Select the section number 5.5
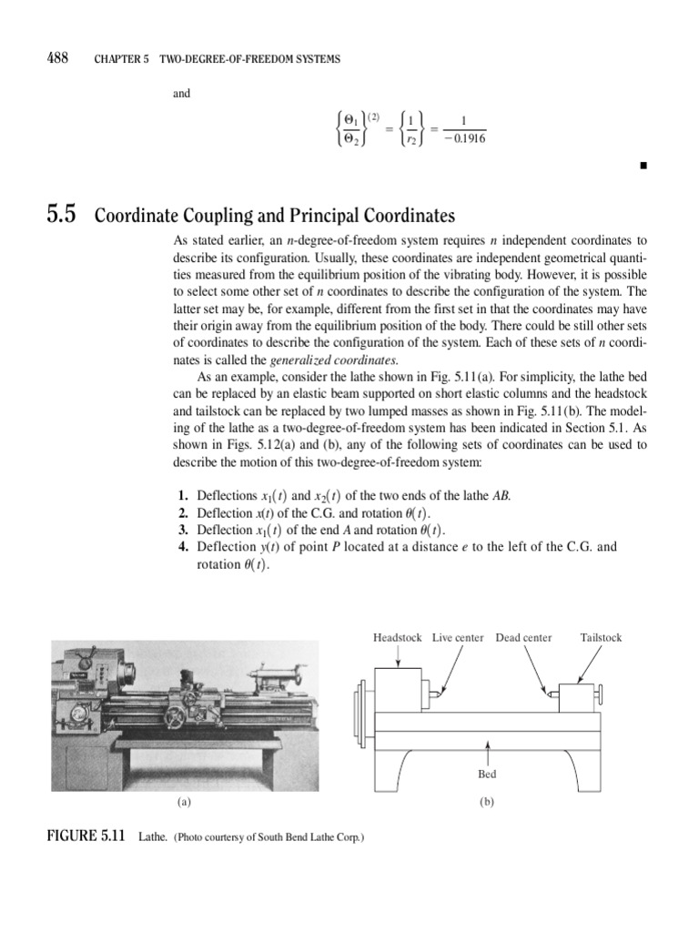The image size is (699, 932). (x=61, y=217)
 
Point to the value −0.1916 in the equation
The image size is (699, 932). (x=463, y=137)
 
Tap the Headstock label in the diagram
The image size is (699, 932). (x=397, y=638)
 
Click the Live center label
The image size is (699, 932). (x=458, y=638)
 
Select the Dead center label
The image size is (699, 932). (x=523, y=638)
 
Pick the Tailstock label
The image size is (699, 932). (x=601, y=638)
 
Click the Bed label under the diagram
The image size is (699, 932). (x=488, y=775)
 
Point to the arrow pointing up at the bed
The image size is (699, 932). (x=489, y=752)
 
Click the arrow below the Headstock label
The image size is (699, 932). (x=398, y=657)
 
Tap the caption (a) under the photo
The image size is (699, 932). (x=185, y=803)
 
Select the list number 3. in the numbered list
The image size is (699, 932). (x=183, y=531)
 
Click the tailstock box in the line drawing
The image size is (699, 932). (x=578, y=698)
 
